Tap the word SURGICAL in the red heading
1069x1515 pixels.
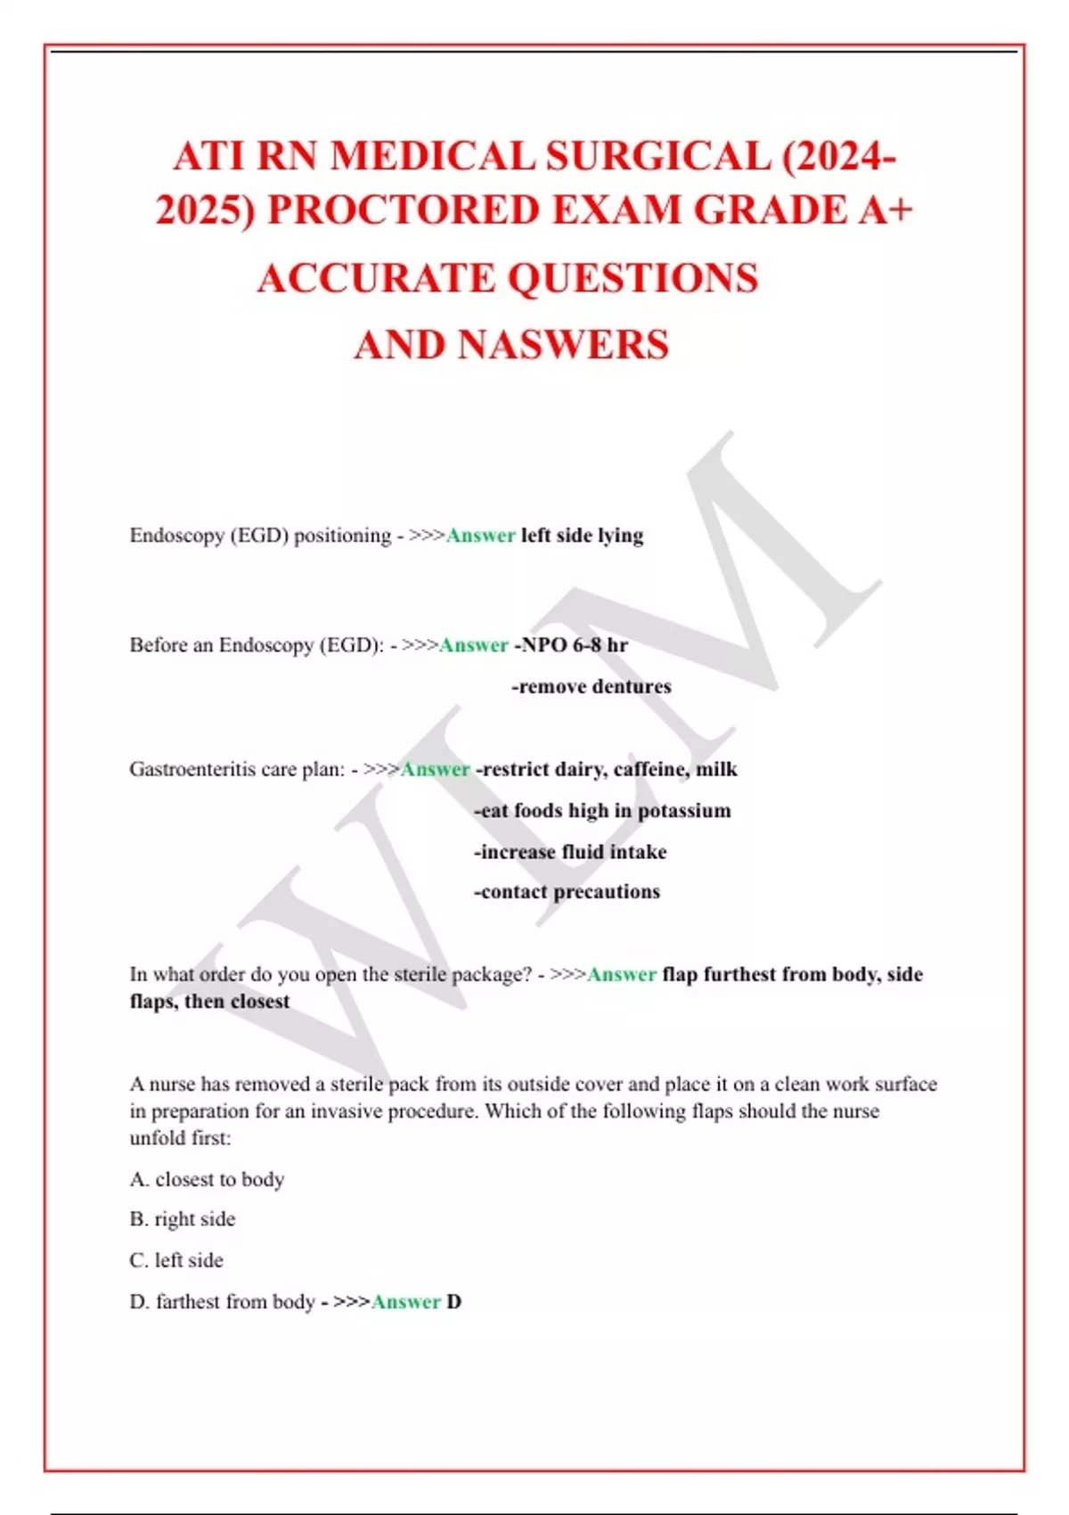click(657, 157)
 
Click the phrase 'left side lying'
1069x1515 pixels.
click(582, 536)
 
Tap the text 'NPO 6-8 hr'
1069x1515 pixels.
click(574, 644)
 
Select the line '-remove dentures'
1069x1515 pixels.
click(592, 686)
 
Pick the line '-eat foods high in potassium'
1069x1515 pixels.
click(602, 810)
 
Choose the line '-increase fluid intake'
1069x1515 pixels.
click(570, 851)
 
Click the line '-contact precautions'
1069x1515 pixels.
click(567, 891)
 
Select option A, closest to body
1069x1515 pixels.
click(207, 1179)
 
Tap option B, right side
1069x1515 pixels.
click(183, 1219)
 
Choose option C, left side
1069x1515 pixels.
click(176, 1260)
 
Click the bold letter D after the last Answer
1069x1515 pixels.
click(454, 1302)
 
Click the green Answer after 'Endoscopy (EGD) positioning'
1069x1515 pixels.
click(480, 536)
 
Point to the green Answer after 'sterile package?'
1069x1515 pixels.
click(622, 974)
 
